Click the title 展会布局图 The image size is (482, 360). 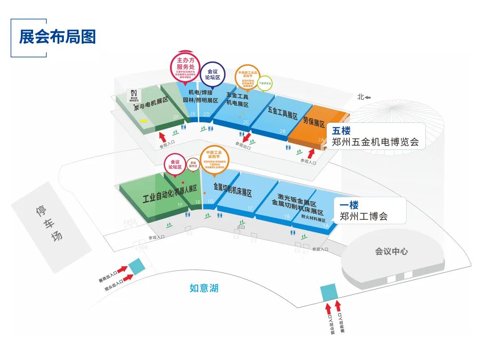pos(57,37)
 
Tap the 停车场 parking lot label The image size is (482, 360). pos(49,223)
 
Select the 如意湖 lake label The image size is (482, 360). pos(204,288)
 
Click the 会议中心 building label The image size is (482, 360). pos(391,251)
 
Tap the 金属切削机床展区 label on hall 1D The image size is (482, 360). pos(233,190)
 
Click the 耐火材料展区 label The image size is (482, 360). pos(313,220)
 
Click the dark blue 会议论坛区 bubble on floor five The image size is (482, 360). pos(213,74)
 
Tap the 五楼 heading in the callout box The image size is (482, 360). pos(341,131)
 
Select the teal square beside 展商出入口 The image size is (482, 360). pos(137,266)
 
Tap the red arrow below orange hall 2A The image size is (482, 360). pos(311,154)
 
